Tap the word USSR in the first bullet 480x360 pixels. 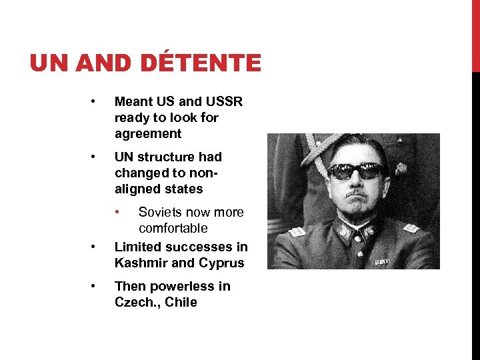(x=224, y=102)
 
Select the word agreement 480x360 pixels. (x=148, y=134)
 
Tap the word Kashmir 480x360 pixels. (x=141, y=263)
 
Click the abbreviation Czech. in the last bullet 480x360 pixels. (x=135, y=303)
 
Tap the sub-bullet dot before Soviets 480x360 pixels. (x=117, y=213)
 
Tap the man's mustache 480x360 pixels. (x=359, y=193)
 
